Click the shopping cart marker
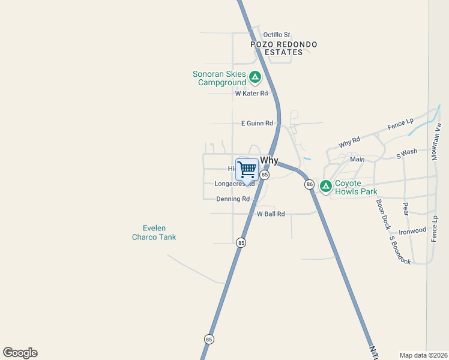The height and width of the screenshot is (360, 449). point(247,170)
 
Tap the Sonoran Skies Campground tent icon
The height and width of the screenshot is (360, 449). point(255,77)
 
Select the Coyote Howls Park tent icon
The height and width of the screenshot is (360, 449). point(326,187)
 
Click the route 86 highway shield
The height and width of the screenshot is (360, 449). point(309,184)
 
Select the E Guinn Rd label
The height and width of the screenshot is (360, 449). point(257,123)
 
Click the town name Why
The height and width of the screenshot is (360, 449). point(270,161)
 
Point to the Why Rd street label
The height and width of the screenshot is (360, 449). point(349,143)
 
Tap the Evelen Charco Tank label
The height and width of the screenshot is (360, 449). point(154,232)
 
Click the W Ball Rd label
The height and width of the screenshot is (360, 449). point(271,214)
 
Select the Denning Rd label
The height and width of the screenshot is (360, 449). point(233,199)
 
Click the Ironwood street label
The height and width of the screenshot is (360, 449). point(412,230)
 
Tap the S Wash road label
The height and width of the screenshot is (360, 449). point(406,153)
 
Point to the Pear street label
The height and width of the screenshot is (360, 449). point(405,209)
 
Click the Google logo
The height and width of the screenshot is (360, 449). point(20,352)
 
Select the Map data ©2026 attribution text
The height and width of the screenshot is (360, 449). point(424,355)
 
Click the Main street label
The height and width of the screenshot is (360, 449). point(357,160)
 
